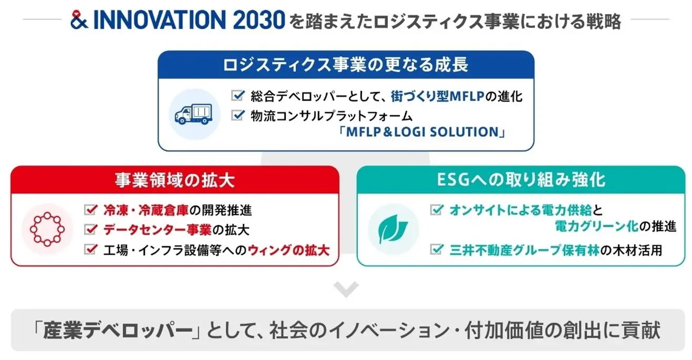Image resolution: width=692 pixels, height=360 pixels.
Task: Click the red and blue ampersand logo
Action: [79, 20]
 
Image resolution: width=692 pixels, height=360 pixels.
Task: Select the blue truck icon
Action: [194, 114]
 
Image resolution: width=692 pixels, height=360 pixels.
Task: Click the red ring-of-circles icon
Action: [47, 229]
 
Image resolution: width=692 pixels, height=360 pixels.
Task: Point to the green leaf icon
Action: [393, 229]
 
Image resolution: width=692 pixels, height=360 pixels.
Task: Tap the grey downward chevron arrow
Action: [346, 289]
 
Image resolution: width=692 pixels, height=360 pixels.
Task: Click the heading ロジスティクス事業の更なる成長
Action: [346, 65]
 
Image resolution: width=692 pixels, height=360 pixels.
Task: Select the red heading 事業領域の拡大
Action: [175, 180]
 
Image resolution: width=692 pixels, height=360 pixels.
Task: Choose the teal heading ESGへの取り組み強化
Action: [521, 180]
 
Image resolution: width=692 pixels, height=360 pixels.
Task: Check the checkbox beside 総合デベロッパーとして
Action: [238, 95]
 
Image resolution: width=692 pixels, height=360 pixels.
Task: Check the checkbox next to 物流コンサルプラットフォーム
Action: [238, 115]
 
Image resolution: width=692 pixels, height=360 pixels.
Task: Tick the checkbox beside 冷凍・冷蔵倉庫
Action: [91, 209]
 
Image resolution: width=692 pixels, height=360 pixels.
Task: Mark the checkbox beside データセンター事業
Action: [91, 229]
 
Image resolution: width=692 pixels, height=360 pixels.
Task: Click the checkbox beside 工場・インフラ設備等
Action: [91, 249]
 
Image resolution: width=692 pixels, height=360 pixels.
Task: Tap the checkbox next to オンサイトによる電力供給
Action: [437, 209]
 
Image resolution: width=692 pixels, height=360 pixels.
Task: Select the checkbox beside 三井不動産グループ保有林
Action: [437, 249]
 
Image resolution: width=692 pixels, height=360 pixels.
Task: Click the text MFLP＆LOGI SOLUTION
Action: [422, 132]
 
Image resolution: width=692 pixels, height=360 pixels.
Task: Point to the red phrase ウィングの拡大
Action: [288, 250]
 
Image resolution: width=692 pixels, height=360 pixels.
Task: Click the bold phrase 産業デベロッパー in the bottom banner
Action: [117, 331]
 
